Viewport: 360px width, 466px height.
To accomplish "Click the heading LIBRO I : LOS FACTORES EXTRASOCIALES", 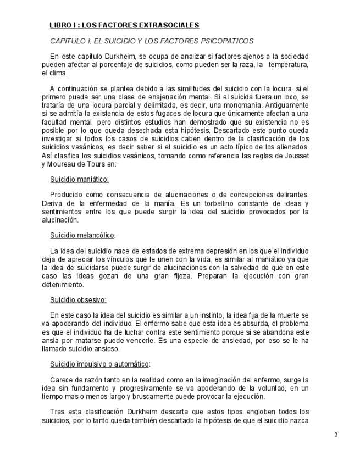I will (124, 25).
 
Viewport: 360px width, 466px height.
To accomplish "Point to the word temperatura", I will (287, 64).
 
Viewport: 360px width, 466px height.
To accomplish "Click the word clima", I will (59, 73).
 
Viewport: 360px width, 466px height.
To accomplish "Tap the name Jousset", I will (296, 156).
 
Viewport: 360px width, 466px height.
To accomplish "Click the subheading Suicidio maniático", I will (79, 179).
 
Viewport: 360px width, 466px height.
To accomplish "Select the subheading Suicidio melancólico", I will (82, 235).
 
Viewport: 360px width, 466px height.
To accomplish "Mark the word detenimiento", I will (65, 285).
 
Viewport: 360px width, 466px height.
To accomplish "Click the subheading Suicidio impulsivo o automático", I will (99, 364).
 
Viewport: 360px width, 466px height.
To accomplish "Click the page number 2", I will (335, 435).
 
